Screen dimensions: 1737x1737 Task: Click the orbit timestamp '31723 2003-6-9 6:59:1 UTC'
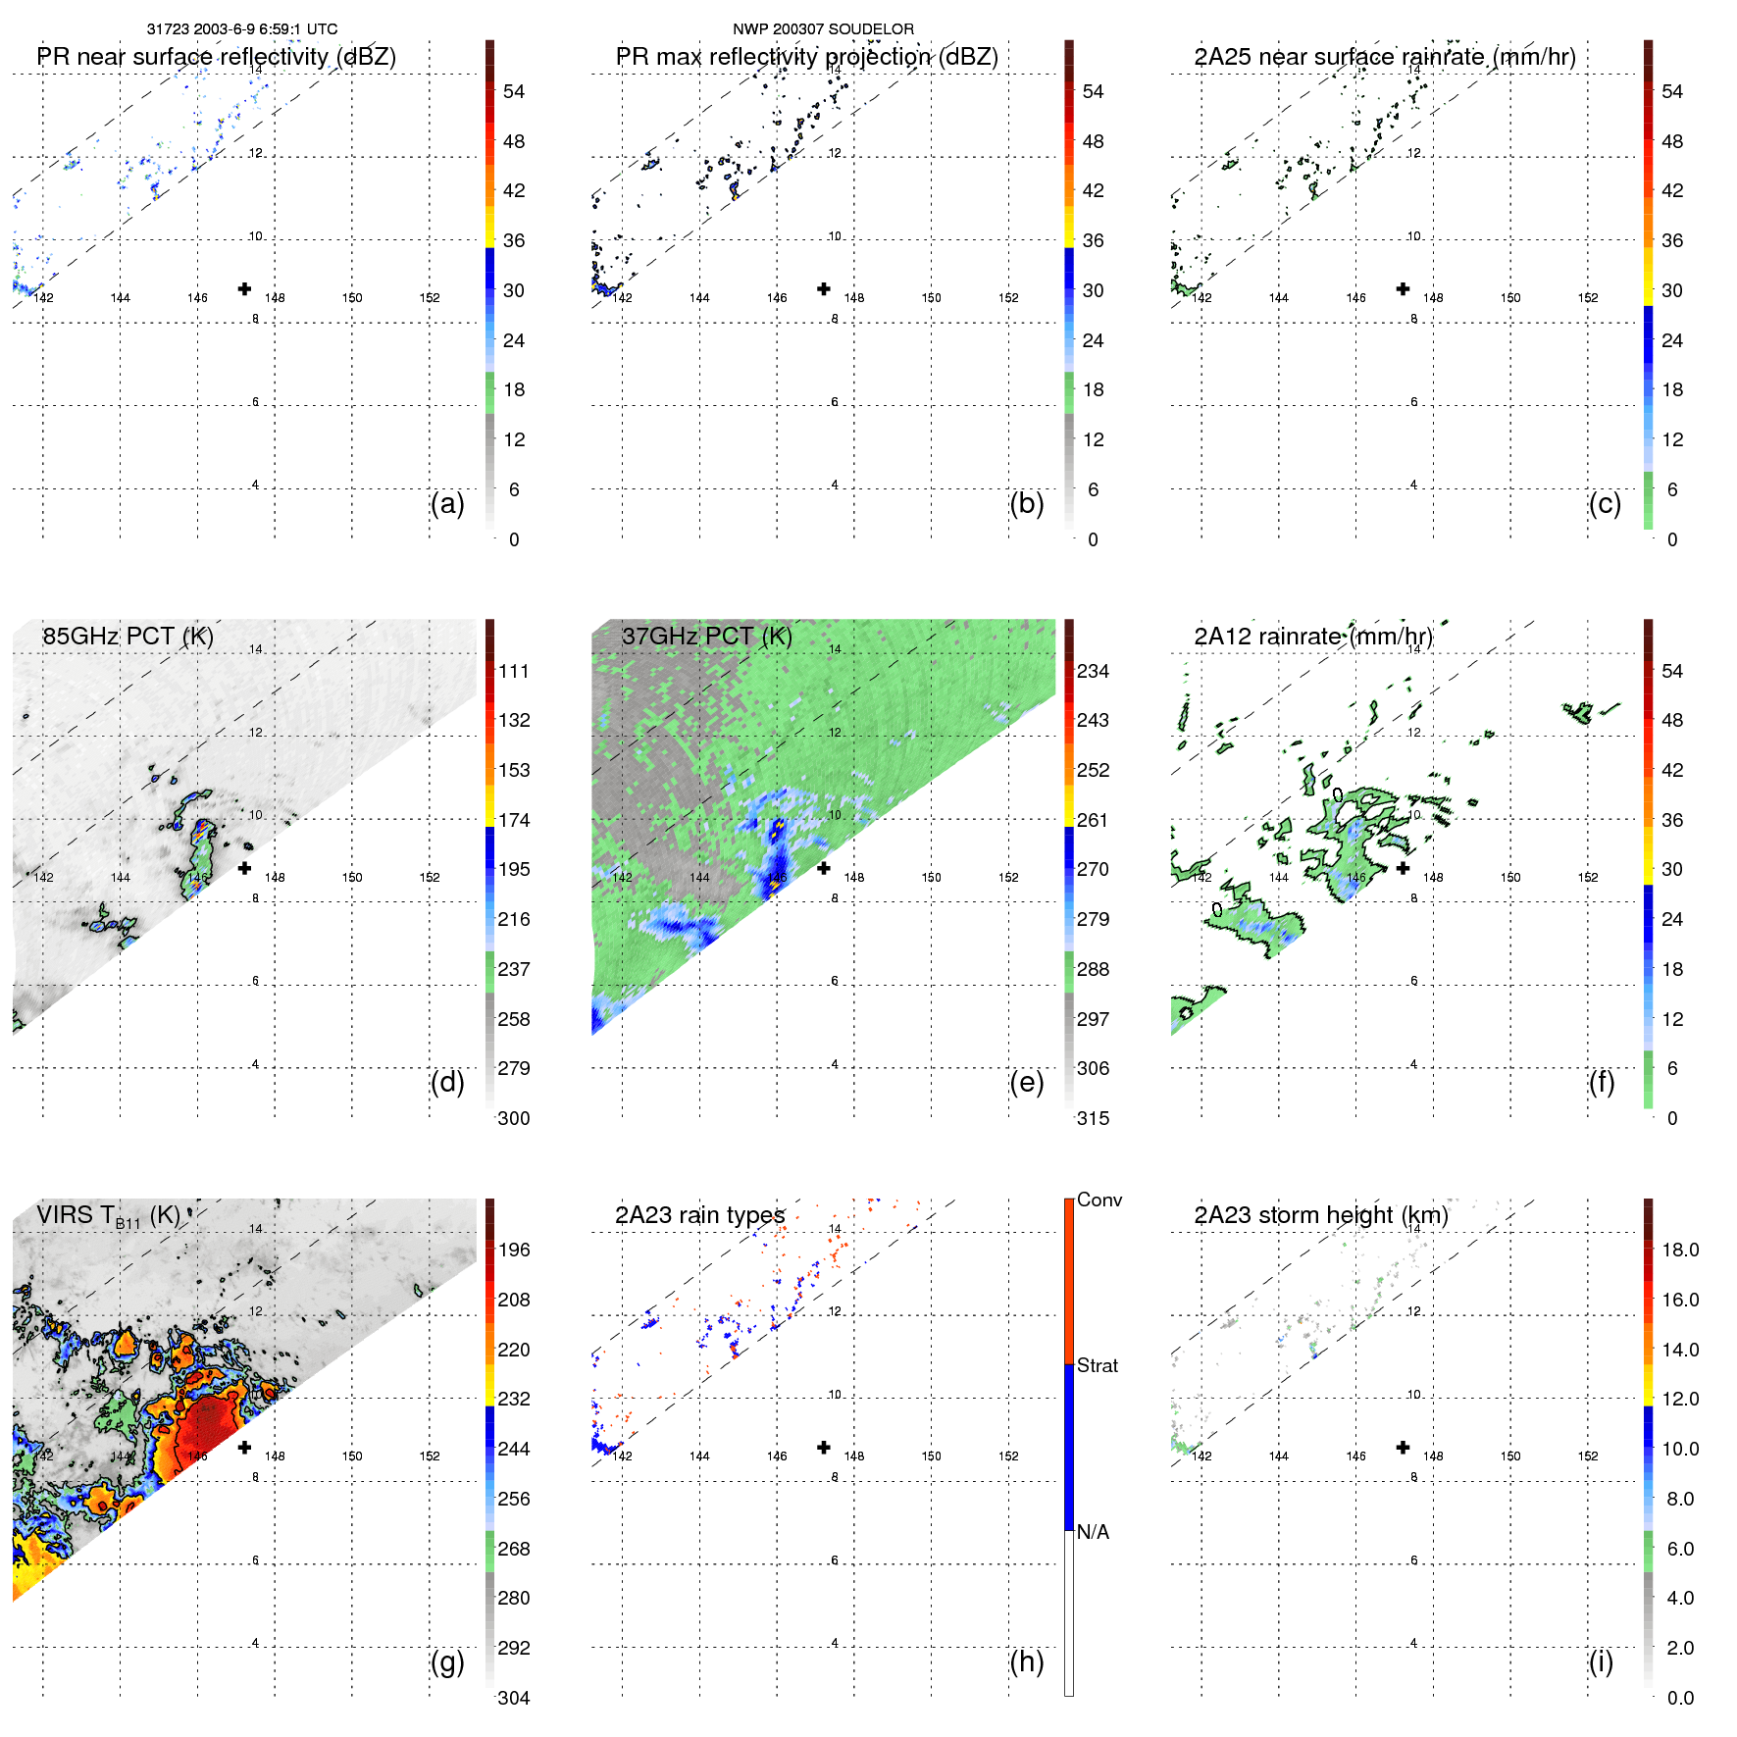pos(241,29)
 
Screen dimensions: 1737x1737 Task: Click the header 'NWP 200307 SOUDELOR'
pos(823,29)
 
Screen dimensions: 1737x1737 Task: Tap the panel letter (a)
pos(446,503)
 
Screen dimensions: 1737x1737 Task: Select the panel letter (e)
pos(1026,1082)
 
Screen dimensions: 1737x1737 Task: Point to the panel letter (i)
pos(1601,1661)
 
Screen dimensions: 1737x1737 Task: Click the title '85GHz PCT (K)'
pos(128,636)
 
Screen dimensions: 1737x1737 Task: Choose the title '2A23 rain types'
pos(699,1215)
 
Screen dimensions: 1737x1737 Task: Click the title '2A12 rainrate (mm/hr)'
pos(1312,636)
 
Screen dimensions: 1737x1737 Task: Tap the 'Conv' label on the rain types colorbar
pos(1098,1200)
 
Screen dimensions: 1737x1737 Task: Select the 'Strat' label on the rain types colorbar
pos(1097,1365)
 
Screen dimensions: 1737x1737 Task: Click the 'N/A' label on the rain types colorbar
pos(1093,1532)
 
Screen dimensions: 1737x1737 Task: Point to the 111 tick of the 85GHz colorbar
pos(514,671)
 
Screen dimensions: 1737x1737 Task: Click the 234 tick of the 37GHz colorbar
pos(1093,671)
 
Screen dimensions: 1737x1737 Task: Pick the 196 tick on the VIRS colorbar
pos(514,1250)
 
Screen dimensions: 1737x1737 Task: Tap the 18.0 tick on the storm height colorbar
pos(1679,1250)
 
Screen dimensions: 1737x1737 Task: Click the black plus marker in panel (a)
pos(244,288)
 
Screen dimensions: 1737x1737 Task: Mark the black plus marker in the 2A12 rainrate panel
pos(1403,868)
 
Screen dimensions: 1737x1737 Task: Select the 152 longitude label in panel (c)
pos(1588,298)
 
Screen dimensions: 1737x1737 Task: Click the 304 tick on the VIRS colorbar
pos(514,1698)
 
